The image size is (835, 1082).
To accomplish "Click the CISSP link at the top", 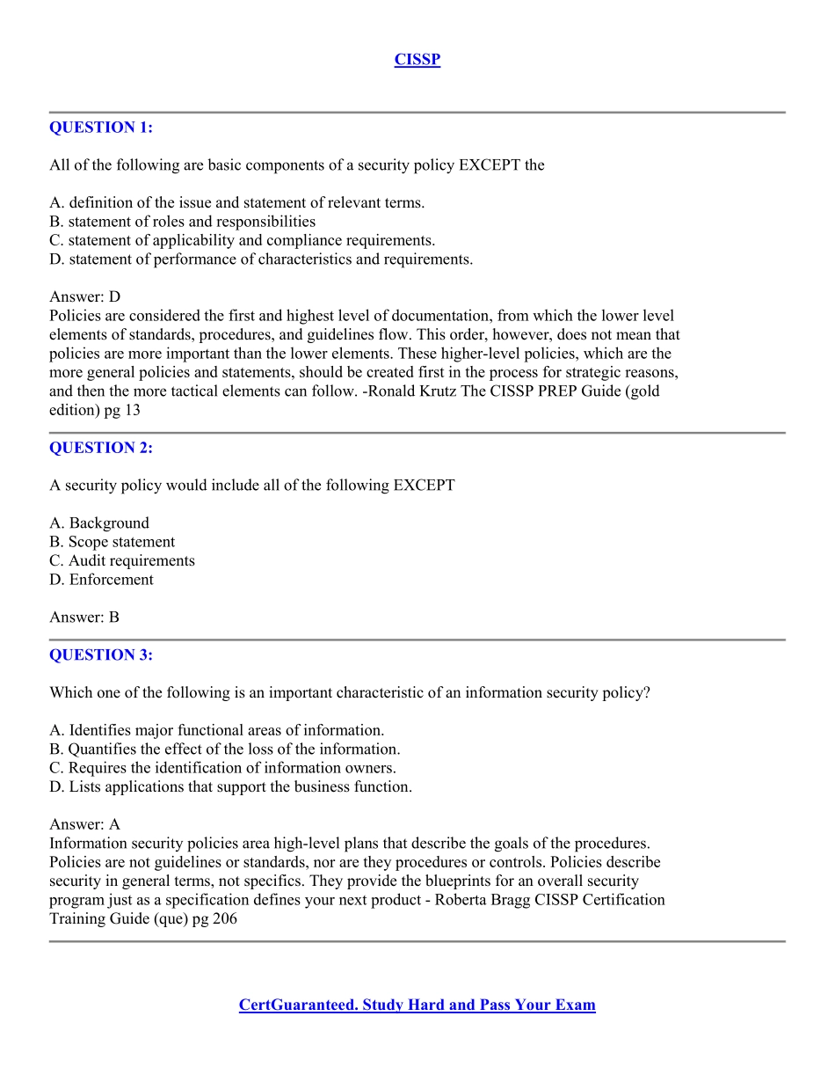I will (417, 60).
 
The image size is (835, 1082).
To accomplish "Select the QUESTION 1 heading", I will (101, 128).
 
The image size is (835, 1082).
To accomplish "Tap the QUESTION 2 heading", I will (101, 448).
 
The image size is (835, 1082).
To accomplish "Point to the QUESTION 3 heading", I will (101, 655).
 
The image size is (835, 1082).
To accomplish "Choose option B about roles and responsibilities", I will (183, 222).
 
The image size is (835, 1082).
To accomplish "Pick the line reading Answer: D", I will (85, 297).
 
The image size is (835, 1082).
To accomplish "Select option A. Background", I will (99, 523).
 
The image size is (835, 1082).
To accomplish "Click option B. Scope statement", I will (113, 542).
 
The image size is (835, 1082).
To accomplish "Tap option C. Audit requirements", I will (122, 561).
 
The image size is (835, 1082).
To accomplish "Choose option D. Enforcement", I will (101, 580).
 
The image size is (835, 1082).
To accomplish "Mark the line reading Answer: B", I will (84, 618).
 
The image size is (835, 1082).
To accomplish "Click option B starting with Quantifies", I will (225, 749).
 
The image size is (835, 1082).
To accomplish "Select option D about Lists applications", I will (230, 787).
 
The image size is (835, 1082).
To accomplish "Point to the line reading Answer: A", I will (85, 825).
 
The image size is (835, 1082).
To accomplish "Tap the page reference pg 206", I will (214, 919).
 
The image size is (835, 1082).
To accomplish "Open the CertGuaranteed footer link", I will (417, 1005).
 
